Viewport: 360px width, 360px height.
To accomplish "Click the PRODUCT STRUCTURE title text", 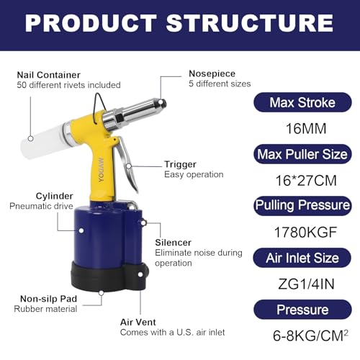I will [180, 23].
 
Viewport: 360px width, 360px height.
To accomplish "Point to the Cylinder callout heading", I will [52, 195].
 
